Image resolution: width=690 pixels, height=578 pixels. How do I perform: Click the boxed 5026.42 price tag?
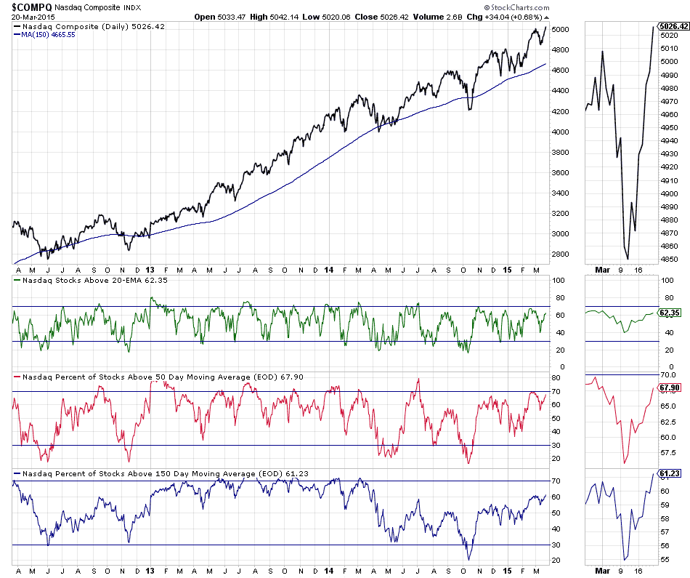pyautogui.click(x=673, y=26)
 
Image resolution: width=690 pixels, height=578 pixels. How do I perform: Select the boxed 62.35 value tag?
pyautogui.click(x=668, y=313)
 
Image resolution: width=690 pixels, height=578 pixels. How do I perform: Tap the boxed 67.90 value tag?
pyautogui.click(x=668, y=388)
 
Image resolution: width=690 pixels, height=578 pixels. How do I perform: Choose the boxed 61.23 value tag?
pyautogui.click(x=668, y=473)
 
